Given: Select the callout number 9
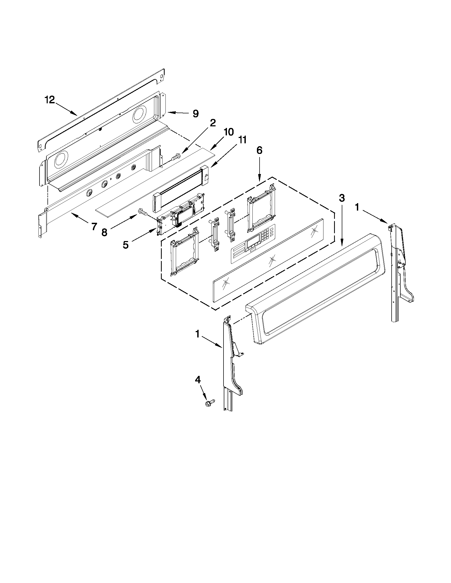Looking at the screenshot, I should coord(196,114).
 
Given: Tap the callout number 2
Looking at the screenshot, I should coord(213,123).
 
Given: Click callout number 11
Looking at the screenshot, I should coord(242,140).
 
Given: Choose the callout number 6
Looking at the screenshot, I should coord(259,150).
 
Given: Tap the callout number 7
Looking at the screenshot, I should coord(94,227).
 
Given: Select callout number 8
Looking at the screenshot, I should coord(104,232).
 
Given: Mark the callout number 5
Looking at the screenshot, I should coord(126,244).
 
